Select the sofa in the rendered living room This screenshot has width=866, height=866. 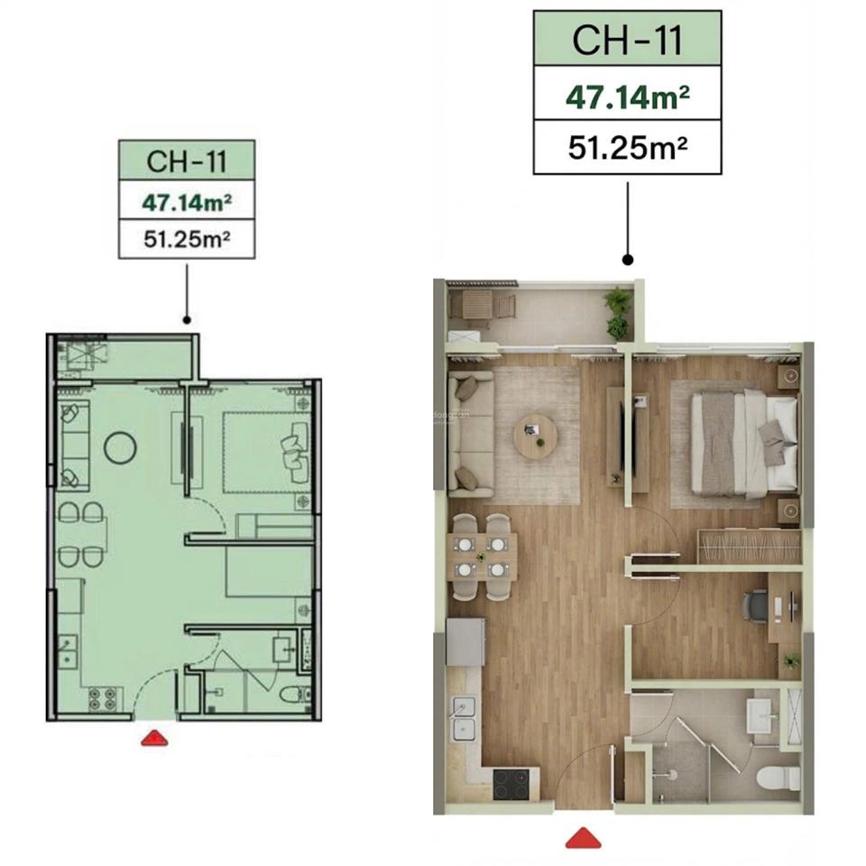[x=470, y=434]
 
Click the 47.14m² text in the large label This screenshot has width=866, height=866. [x=628, y=97]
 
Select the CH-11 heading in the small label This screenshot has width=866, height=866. [x=187, y=163]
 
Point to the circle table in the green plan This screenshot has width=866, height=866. [x=120, y=446]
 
